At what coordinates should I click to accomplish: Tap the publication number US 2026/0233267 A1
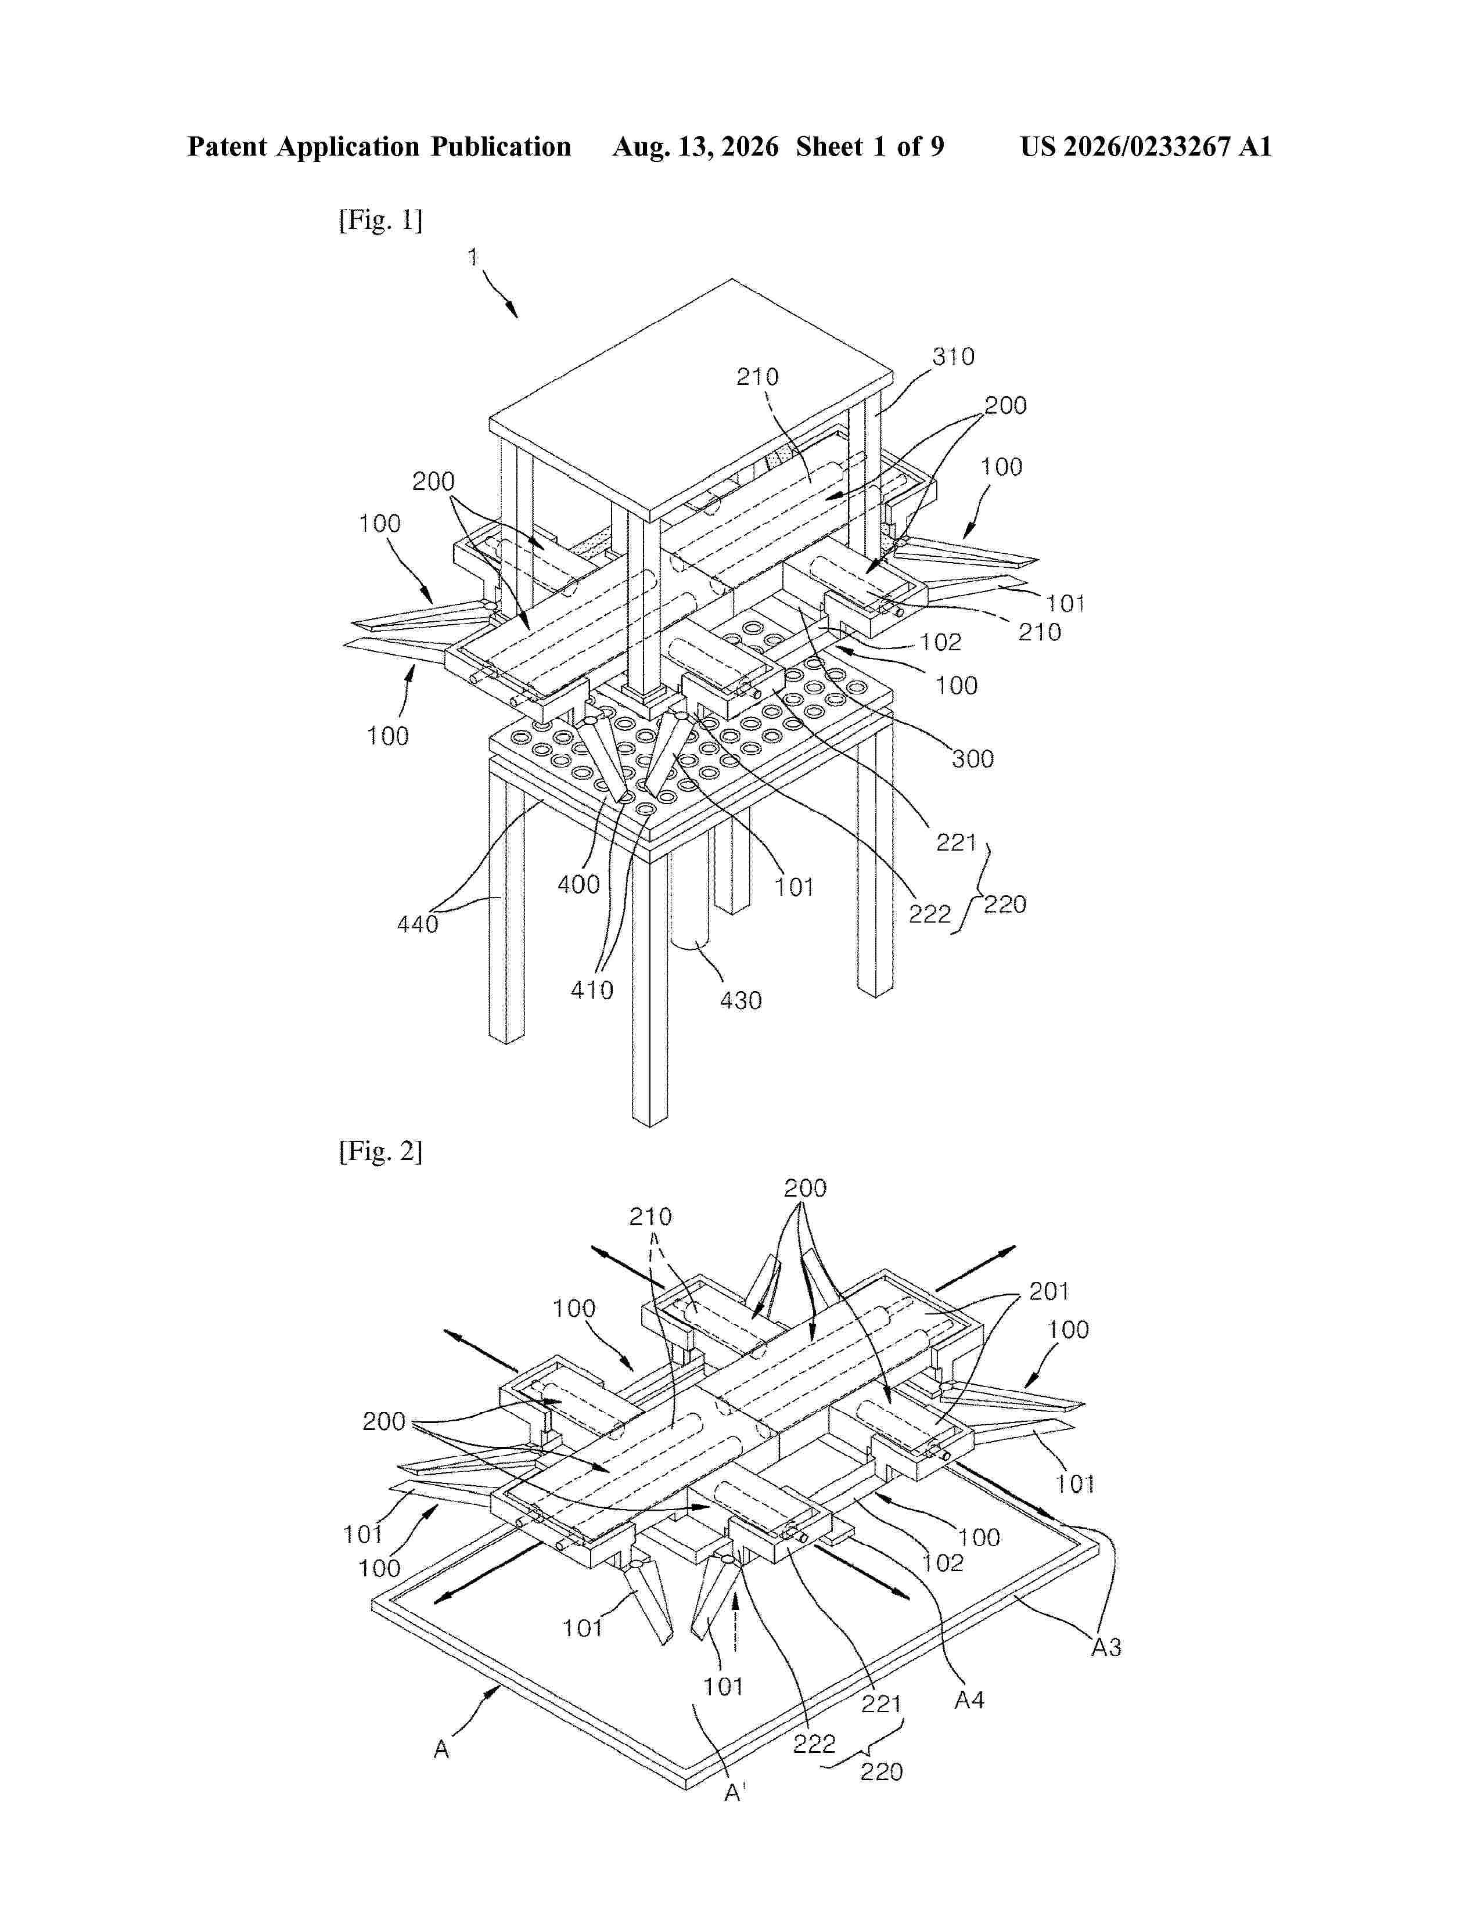[1146, 146]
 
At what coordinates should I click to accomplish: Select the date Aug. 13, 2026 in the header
[695, 146]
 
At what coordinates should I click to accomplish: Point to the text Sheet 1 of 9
[869, 146]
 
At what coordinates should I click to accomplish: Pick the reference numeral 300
[973, 759]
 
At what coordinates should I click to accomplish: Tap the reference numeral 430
[740, 1000]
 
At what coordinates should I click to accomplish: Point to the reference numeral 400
[579, 884]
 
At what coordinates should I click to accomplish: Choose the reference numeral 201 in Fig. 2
[1049, 1291]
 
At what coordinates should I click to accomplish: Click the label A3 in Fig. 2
[1106, 1648]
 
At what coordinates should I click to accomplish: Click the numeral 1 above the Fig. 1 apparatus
[473, 257]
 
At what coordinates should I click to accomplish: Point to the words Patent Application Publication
[379, 146]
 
